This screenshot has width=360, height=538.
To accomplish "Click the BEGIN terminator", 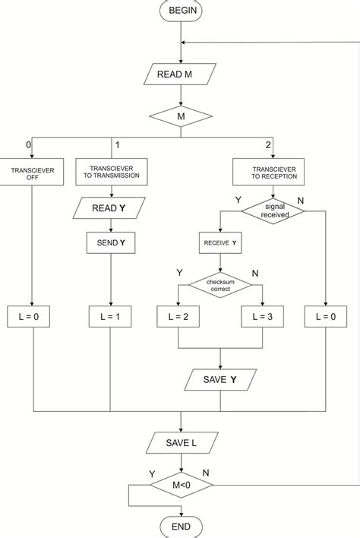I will pyautogui.click(x=181, y=11).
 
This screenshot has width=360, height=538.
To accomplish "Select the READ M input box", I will pyautogui.click(x=181, y=74).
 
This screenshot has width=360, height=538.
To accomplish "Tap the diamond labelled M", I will pyautogui.click(x=181, y=118).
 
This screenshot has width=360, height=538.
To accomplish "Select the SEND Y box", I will pyautogui.click(x=112, y=245).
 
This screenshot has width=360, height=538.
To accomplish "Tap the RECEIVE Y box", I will pyautogui.click(x=220, y=245).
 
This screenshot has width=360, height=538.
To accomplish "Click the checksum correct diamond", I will pyautogui.click(x=220, y=285).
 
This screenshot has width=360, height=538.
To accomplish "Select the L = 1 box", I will pyautogui.click(x=112, y=317).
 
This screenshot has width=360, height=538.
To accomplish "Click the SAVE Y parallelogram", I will pyautogui.click(x=220, y=378).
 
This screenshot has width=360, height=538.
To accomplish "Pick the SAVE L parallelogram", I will pyautogui.click(x=181, y=441).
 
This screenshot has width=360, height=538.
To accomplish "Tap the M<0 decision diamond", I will pyautogui.click(x=181, y=484).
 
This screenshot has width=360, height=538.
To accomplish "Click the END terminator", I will pyautogui.click(x=181, y=527).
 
